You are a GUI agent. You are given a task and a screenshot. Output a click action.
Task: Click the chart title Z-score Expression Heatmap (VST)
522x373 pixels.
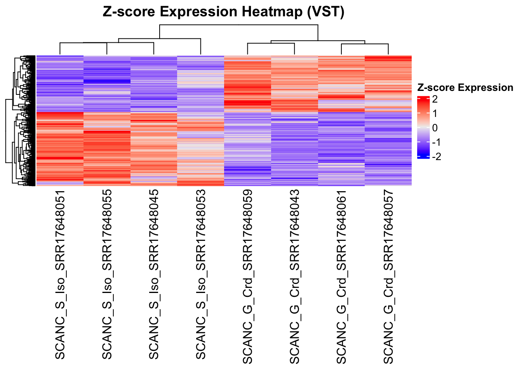(x=223, y=12)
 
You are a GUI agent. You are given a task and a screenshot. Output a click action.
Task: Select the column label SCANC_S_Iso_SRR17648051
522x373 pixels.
(x=60, y=275)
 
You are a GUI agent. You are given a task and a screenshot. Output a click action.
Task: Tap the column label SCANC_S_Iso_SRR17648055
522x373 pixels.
(x=107, y=275)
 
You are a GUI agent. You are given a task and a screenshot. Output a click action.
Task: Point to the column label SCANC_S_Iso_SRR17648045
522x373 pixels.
(x=154, y=275)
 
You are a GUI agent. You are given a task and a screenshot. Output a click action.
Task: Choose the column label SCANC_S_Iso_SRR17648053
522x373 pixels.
(x=201, y=275)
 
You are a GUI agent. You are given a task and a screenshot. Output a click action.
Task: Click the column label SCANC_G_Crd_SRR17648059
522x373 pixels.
(x=248, y=277)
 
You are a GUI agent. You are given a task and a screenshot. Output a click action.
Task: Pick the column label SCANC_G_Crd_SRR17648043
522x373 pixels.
(x=294, y=277)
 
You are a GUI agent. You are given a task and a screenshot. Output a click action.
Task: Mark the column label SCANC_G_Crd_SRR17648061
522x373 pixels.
(x=341, y=277)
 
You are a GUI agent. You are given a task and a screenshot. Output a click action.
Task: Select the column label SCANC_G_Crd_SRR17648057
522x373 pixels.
(x=388, y=277)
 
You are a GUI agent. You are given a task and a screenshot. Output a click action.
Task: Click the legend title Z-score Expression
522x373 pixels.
(x=465, y=88)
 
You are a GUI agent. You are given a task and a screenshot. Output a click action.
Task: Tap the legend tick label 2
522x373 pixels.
(x=435, y=99)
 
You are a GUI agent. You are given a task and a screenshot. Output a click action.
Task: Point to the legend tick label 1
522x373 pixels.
(x=435, y=113)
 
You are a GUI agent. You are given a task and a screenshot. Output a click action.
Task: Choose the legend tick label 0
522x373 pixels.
(x=435, y=128)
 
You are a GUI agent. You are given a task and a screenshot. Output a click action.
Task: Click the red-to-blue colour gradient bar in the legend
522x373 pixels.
(x=423, y=127)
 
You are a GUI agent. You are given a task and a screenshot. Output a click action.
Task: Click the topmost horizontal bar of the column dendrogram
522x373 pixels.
(x=238, y=25)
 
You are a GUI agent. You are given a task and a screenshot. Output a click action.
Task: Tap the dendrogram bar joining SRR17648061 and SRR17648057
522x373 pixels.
(x=365, y=44)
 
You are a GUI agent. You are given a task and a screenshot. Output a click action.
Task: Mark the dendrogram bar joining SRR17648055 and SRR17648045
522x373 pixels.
(x=130, y=43)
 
